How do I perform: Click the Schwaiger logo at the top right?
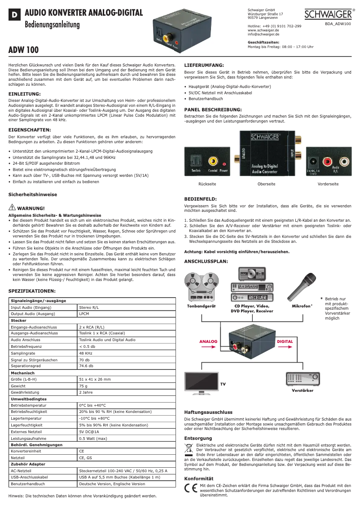click(x=329, y=14)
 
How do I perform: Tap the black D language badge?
click(x=14, y=15)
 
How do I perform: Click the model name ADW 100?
click(x=24, y=50)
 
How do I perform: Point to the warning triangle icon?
click(x=12, y=207)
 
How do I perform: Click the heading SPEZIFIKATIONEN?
click(x=32, y=291)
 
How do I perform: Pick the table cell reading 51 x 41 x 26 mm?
click(x=95, y=379)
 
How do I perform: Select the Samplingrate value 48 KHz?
click(x=86, y=353)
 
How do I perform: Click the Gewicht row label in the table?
click(x=18, y=386)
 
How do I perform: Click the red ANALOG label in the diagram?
click(x=208, y=342)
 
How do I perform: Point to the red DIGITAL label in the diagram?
click(x=285, y=342)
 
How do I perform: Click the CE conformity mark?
click(x=191, y=489)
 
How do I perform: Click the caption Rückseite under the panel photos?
click(x=207, y=184)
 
